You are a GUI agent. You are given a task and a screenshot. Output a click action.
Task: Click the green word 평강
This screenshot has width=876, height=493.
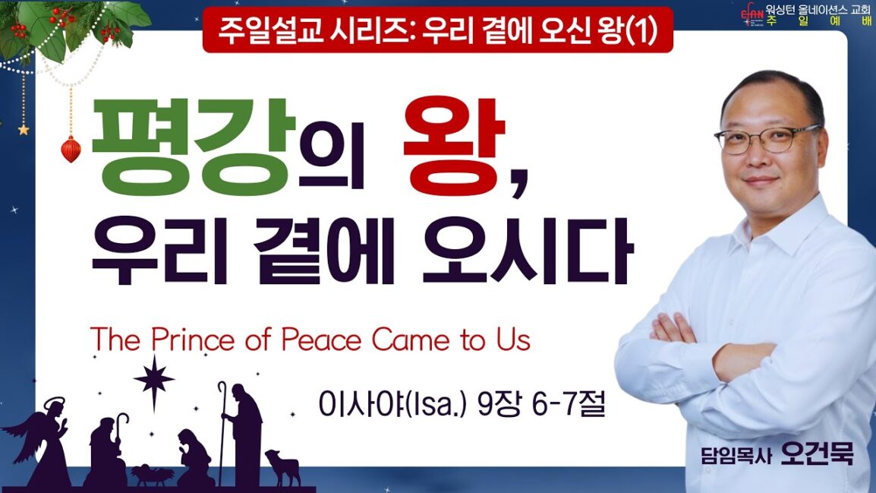pyautogui.click(x=194, y=147)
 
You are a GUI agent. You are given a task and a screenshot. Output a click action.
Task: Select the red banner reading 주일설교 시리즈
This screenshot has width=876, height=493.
pyautogui.click(x=437, y=30)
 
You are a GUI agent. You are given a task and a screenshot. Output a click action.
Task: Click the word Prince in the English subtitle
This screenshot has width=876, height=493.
pyautogui.click(x=194, y=340)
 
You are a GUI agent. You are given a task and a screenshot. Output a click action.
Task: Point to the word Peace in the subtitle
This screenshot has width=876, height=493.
pyautogui.click(x=321, y=340)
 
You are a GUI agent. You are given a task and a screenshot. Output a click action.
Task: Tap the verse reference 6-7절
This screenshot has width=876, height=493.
pyautogui.click(x=569, y=403)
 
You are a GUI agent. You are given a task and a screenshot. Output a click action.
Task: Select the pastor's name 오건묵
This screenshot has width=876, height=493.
pyautogui.click(x=818, y=453)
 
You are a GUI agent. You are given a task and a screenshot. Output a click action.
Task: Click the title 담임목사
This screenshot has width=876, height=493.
pyautogui.click(x=737, y=456)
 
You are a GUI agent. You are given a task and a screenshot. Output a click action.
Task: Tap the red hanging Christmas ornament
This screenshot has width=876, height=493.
pyautogui.click(x=71, y=149)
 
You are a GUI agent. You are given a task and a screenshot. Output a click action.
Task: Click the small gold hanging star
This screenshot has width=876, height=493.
pyautogui.click(x=24, y=130)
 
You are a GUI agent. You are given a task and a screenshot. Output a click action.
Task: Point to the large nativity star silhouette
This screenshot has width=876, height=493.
pyautogui.click(x=154, y=381)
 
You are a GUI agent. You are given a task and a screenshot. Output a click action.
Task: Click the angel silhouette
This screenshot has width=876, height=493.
pyautogui.click(x=42, y=442)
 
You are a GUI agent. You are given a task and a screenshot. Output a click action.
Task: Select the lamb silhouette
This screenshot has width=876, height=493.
pyautogui.click(x=284, y=466)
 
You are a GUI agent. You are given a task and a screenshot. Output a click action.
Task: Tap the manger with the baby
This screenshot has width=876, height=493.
pyautogui.click(x=152, y=475)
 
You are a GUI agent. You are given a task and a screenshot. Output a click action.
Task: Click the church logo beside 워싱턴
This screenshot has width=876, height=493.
pyautogui.click(x=752, y=15)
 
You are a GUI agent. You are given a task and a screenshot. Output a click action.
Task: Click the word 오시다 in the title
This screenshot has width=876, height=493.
pyautogui.click(x=527, y=251)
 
